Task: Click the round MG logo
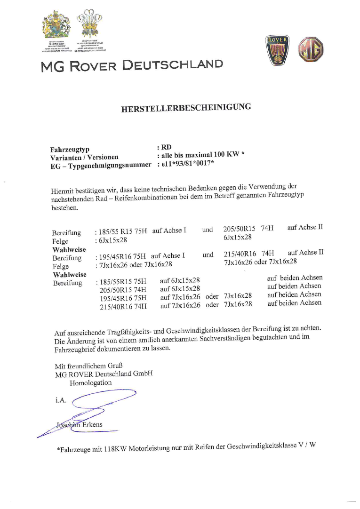311,49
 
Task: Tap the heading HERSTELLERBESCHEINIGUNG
186,108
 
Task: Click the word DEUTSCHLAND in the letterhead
173,65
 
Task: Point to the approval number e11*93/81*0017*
187,163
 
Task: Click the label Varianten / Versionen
84,158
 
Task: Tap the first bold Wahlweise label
69,250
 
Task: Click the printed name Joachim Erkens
79,425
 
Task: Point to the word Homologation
91,382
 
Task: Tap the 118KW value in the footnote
115,449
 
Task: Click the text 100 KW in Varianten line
224,154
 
